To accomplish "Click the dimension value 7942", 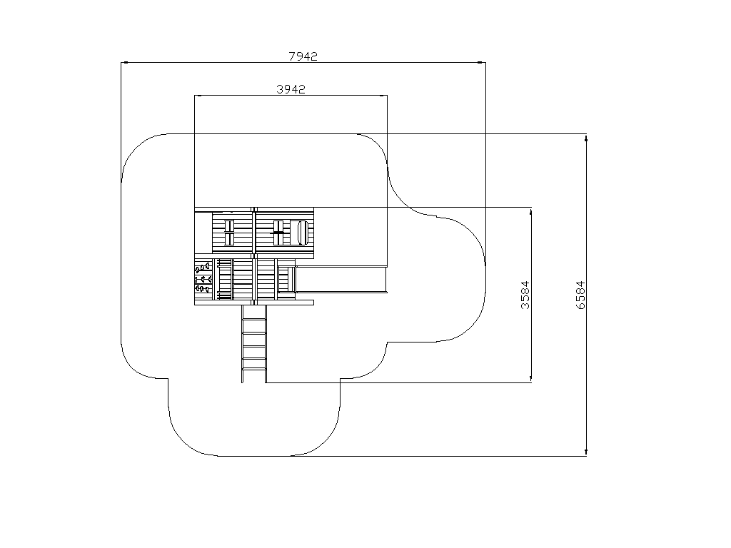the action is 303,56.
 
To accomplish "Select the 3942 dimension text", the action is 291,89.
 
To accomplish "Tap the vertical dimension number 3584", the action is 525,295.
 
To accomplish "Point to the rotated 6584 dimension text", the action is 580,295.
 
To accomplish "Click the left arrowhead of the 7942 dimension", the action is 124,63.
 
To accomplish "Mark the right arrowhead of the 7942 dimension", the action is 482,63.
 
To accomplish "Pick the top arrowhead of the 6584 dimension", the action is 586,138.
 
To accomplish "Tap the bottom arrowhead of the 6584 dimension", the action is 586,452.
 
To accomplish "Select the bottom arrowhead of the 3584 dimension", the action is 531,379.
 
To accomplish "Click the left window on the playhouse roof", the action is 229,233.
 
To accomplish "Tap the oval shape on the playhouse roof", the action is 302,233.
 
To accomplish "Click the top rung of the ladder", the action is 254,320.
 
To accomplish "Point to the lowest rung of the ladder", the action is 254,370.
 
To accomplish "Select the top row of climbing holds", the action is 203,268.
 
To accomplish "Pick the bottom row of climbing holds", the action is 203,290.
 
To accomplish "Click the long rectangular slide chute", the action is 342,280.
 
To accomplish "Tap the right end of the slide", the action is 387,280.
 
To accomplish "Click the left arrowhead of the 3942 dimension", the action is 198,96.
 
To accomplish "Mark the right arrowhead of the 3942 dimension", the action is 383,96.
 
